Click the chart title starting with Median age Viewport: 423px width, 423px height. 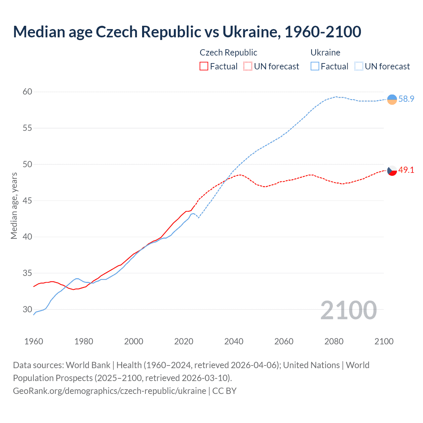[x=187, y=32]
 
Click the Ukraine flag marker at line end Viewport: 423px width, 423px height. [x=392, y=99]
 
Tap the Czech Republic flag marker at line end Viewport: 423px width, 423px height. [x=392, y=171]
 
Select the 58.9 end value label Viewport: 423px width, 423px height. [x=406, y=99]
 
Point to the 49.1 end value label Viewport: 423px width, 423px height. [x=406, y=170]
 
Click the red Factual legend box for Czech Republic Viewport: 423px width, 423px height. [x=204, y=66]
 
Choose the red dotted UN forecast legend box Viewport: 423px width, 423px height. [x=248, y=66]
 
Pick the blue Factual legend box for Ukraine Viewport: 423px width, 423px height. [x=315, y=66]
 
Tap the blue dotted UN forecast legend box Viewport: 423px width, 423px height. [x=359, y=66]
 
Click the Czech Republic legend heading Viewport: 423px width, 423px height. [x=228, y=53]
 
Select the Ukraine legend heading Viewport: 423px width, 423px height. [x=326, y=53]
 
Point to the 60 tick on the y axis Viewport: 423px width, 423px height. [x=27, y=92]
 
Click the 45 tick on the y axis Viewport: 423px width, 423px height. [x=27, y=201]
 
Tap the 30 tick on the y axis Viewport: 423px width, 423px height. [x=27, y=310]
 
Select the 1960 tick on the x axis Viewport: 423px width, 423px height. [x=34, y=341]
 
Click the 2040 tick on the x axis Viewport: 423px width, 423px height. [x=234, y=341]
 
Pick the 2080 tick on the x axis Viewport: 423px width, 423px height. [x=334, y=341]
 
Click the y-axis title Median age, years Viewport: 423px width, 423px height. [x=14, y=206]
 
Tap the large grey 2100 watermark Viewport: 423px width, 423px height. [x=348, y=310]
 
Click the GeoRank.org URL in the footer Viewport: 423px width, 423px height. [x=109, y=391]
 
